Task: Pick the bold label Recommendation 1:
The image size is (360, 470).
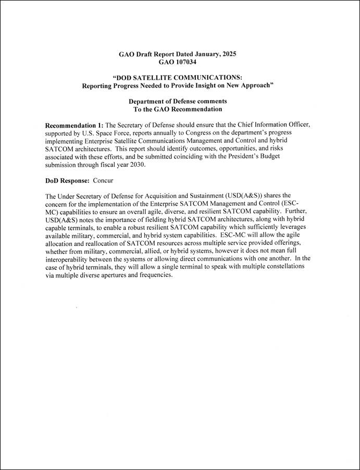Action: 75,126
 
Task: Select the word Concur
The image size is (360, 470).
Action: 103,181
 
